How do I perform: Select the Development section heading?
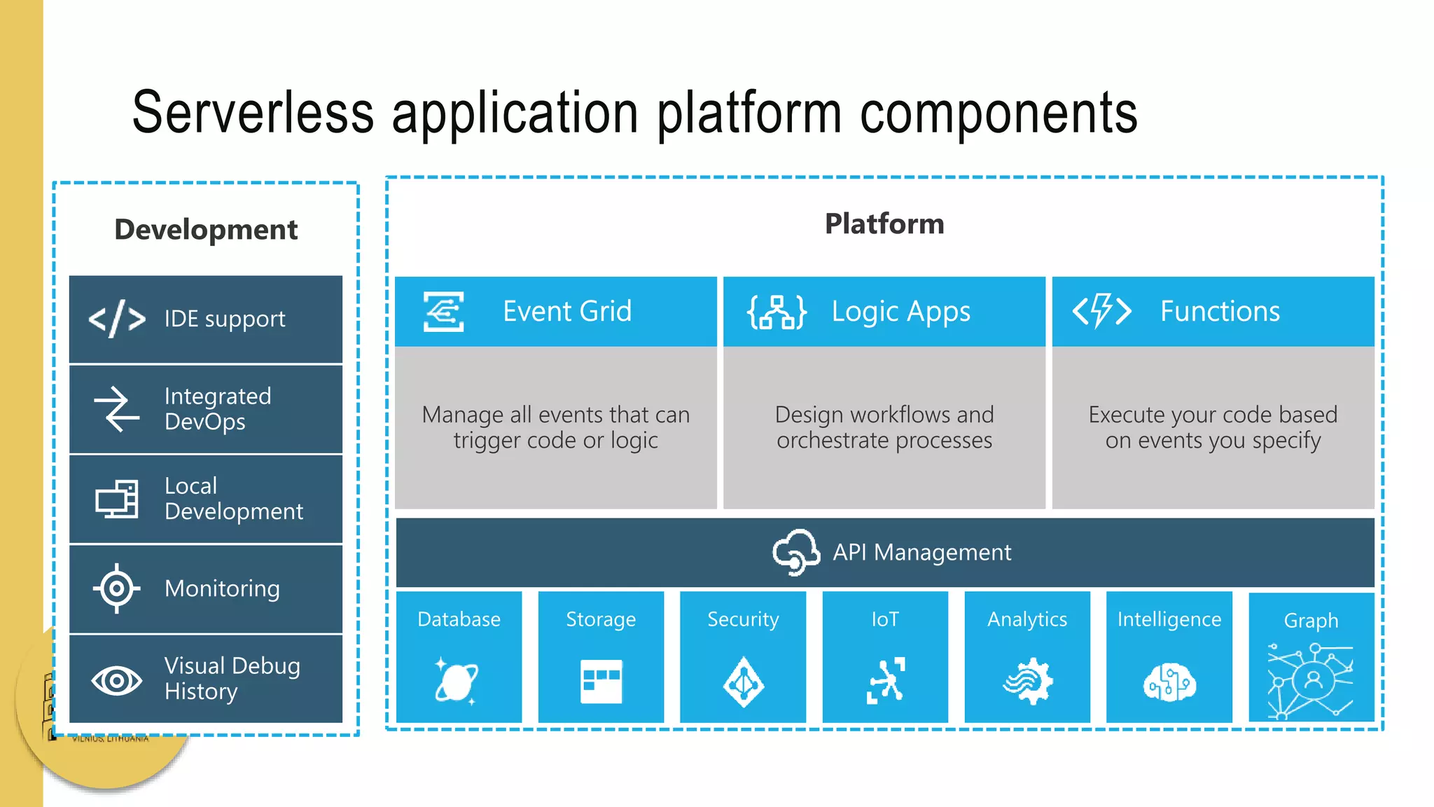coord(206,230)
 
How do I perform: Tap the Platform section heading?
coord(884,224)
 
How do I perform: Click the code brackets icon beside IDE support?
coord(117,319)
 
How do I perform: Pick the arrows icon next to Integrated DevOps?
coord(117,409)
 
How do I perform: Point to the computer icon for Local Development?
coord(117,499)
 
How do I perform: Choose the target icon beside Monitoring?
coord(116,588)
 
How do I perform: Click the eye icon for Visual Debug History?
coord(116,680)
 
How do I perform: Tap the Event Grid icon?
coord(443,312)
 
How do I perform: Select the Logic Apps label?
coord(900,312)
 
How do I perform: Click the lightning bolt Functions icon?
coord(1101,311)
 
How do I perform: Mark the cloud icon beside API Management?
coord(796,552)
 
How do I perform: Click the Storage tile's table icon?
coord(601,681)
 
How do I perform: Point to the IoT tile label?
coord(885,619)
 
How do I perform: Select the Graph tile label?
coord(1311,621)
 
